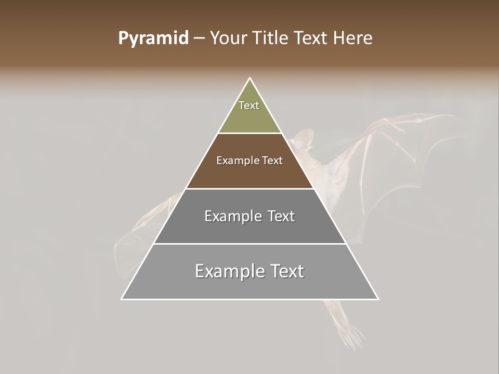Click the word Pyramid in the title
point(153,38)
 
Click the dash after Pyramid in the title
point(199,38)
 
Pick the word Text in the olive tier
point(249,105)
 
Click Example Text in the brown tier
point(249,161)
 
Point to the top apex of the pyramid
point(250,78)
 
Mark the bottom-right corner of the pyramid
point(377,299)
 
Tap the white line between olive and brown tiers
point(250,133)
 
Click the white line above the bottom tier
point(250,244)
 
